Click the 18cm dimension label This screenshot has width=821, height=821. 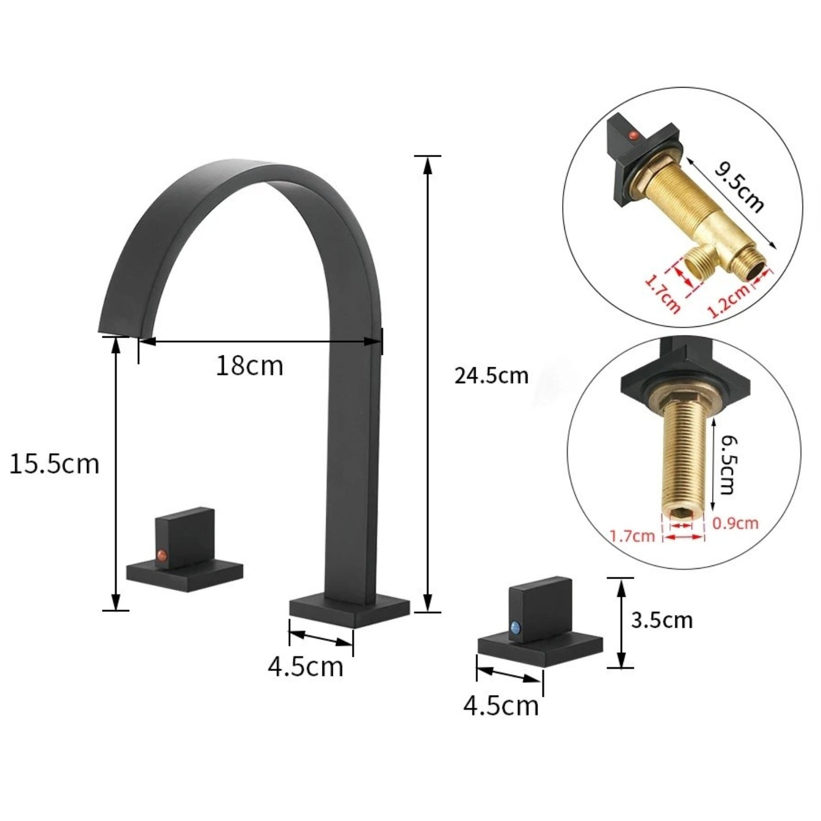coord(250,366)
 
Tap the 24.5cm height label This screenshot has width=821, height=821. coord(491,376)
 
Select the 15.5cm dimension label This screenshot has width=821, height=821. coord(54,464)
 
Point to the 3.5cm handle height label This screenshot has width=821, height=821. coord(661,621)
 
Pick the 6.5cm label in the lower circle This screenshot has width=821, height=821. coord(726,464)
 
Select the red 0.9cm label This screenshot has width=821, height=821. coord(735,523)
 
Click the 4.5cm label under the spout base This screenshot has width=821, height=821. coord(305,667)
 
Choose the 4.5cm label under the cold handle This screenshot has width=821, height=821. coord(501,706)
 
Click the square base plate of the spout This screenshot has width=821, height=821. coord(349,610)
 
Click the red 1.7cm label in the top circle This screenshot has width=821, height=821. coord(663,294)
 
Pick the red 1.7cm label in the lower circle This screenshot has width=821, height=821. coord(632,535)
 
